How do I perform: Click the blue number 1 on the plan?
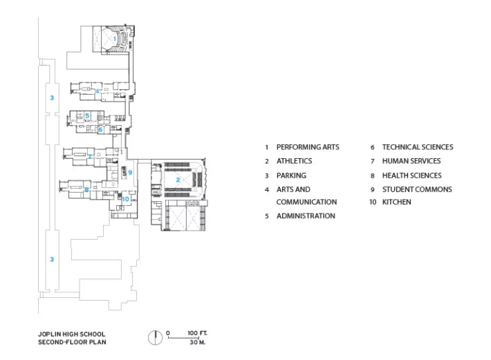(x=115, y=39)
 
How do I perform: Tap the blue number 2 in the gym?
(x=178, y=180)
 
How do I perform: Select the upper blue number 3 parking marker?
(x=52, y=98)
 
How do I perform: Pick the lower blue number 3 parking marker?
(x=52, y=259)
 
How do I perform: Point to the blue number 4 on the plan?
(x=97, y=91)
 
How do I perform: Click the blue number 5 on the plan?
(x=87, y=115)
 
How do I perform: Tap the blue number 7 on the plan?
(x=90, y=156)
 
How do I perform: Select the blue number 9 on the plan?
(x=130, y=172)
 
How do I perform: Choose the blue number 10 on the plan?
(x=126, y=199)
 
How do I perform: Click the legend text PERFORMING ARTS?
(x=308, y=147)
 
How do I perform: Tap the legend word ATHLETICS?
(x=295, y=161)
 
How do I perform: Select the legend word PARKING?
(x=291, y=176)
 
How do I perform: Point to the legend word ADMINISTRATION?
(x=306, y=216)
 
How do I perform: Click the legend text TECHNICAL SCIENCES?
(x=418, y=147)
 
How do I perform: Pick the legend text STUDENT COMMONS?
(x=417, y=189)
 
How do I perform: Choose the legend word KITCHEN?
(x=397, y=202)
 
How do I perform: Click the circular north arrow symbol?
(x=155, y=338)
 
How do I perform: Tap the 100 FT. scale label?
(x=197, y=333)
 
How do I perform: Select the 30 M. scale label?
(x=197, y=342)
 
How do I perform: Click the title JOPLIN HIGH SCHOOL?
(x=72, y=334)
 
